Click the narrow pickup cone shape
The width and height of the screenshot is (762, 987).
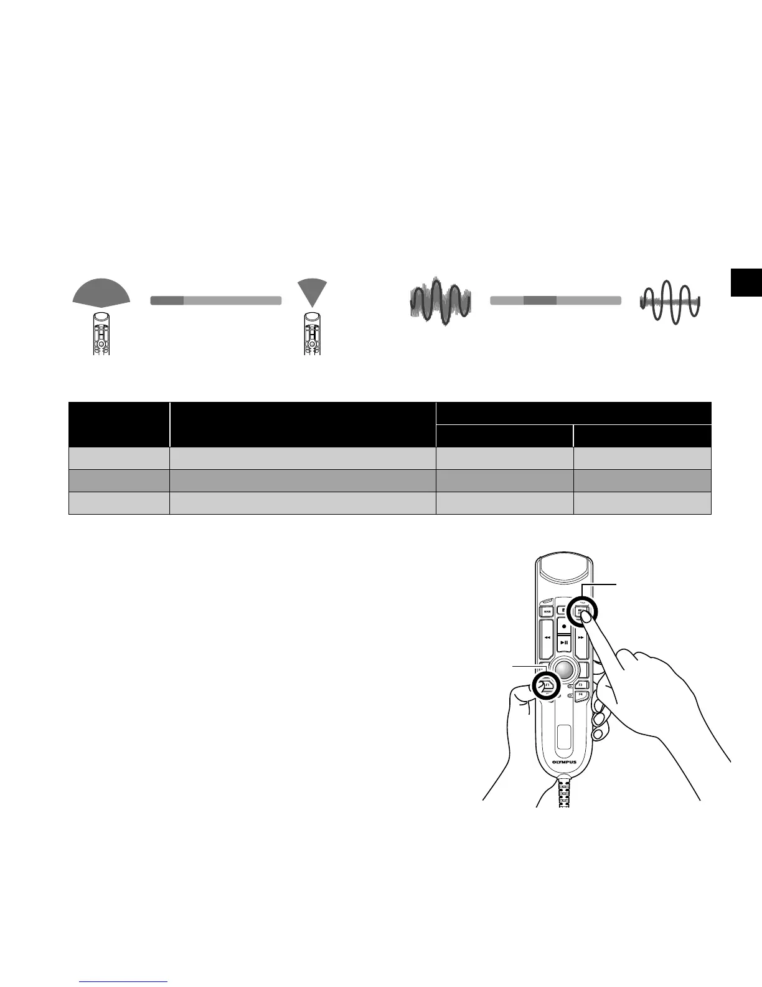pyautogui.click(x=312, y=289)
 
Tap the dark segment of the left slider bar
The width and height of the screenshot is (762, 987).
pyautogui.click(x=167, y=300)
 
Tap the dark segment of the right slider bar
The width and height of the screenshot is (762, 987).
pyautogui.click(x=539, y=300)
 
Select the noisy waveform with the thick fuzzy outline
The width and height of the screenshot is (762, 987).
pyautogui.click(x=440, y=302)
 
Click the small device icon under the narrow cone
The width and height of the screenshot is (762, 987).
pyautogui.click(x=313, y=333)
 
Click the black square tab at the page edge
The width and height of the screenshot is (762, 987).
pyautogui.click(x=746, y=282)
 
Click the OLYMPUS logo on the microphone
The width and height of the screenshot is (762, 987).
pyautogui.click(x=564, y=761)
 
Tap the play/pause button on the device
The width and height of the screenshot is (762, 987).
pyautogui.click(x=563, y=642)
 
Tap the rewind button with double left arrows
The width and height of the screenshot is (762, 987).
pyautogui.click(x=547, y=638)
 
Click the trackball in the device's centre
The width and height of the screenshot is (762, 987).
pyautogui.click(x=564, y=669)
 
